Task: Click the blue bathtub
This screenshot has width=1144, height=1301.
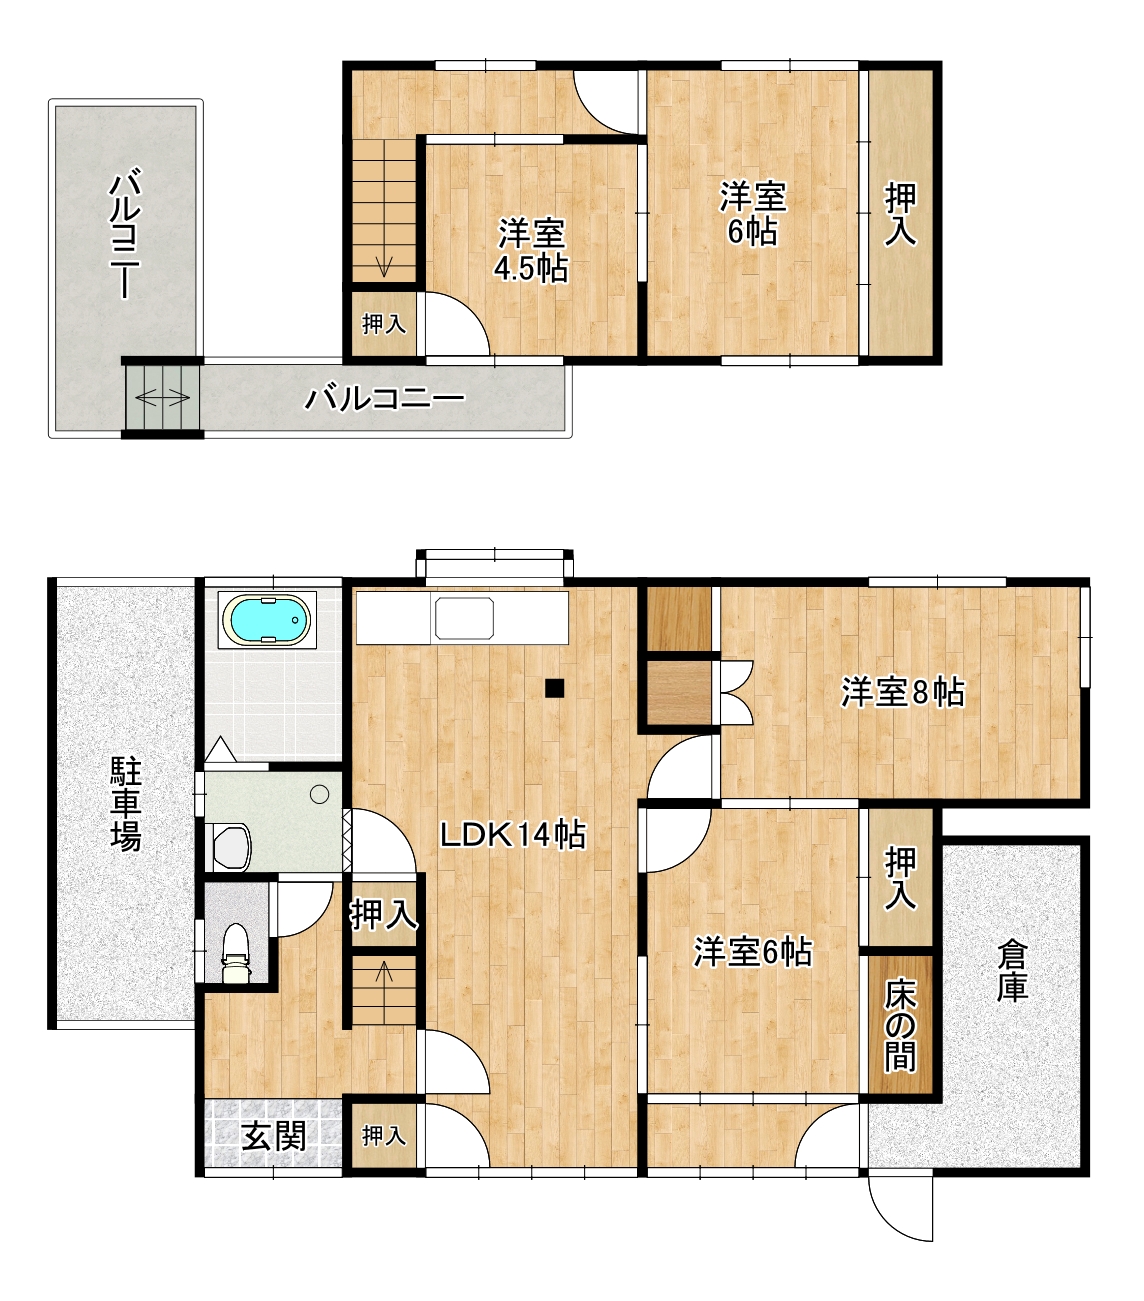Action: point(266,620)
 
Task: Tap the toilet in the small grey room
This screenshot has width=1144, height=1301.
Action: point(236,953)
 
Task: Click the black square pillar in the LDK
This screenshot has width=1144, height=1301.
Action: point(554,688)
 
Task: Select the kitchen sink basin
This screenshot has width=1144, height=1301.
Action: point(464,618)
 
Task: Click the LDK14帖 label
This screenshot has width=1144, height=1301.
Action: point(513,835)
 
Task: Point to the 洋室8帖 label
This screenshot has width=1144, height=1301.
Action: point(902,692)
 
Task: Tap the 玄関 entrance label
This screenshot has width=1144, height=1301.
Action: point(274,1137)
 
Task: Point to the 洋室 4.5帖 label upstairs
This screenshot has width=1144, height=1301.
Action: point(531,250)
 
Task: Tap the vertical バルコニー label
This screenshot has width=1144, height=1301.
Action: point(126,234)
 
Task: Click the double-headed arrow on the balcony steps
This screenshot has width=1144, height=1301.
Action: point(163,398)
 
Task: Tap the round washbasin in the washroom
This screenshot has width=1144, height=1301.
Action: point(319,794)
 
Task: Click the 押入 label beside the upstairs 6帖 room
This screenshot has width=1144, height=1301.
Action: point(900,214)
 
